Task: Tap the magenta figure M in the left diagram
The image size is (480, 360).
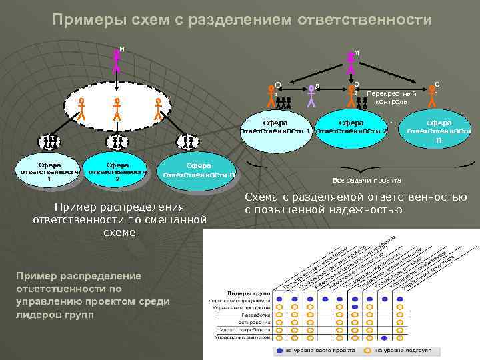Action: click(117, 59)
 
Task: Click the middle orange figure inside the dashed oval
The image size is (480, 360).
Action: click(117, 108)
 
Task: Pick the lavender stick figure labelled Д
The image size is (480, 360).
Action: click(311, 95)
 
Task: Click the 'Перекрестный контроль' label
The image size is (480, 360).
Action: click(391, 98)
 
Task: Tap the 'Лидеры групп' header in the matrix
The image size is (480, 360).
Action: click(247, 293)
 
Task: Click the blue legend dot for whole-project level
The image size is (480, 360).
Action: click(279, 349)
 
